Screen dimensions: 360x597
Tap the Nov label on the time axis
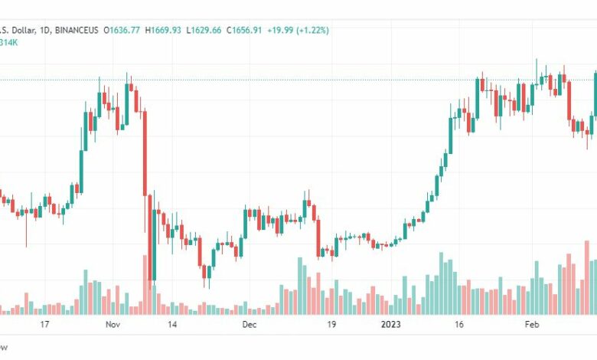[x=112, y=324]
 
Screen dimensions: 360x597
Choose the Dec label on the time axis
[x=249, y=324]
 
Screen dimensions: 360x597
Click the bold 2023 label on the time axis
[x=391, y=324]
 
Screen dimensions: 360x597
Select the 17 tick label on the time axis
[x=44, y=324]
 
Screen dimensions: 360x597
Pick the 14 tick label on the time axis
[x=173, y=324]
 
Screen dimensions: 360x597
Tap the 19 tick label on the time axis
[x=331, y=324]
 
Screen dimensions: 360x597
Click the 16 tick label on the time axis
[x=459, y=324]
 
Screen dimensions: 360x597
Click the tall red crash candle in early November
[x=144, y=153]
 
